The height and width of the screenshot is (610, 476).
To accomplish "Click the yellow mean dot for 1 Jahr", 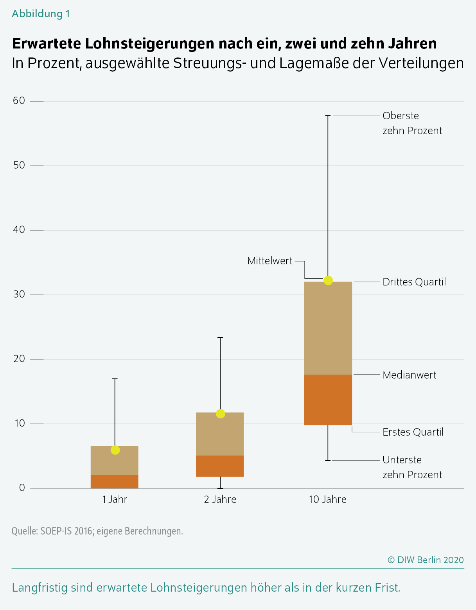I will [115, 450].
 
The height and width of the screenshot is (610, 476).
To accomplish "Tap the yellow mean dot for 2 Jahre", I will [221, 414].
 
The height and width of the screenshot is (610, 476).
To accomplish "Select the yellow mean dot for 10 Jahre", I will [328, 280].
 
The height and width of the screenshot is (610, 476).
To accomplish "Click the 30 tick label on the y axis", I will [19, 294].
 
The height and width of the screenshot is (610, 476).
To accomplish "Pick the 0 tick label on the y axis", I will [22, 488].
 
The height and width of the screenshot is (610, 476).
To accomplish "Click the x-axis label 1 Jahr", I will [115, 499].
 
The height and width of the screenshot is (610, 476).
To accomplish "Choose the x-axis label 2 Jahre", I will [220, 499].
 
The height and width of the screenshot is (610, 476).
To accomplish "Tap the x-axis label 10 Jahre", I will [328, 499].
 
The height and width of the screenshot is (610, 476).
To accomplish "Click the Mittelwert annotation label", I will [270, 261].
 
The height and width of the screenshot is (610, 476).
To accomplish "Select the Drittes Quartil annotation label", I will [414, 282].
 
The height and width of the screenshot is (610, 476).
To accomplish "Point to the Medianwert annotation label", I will [410, 375].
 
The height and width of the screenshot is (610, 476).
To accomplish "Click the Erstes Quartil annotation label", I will [413, 432].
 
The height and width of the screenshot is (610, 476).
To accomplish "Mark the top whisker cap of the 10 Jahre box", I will [328, 116].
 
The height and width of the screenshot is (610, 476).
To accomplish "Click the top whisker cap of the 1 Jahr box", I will [115, 379].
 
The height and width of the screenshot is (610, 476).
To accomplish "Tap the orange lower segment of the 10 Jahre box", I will [328, 400].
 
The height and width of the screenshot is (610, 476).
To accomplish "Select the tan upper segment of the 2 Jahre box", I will [220, 434].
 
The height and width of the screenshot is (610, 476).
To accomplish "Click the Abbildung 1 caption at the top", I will [41, 14].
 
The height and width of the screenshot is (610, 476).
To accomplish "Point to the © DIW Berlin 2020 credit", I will [426, 560].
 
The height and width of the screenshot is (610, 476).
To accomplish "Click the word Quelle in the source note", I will [24, 531].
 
